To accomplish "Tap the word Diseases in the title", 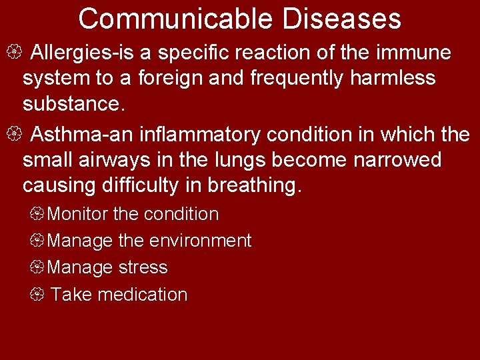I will coord(342,19).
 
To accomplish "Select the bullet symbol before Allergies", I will coord(18,52).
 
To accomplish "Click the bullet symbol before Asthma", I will coord(18,135).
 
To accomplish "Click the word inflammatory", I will coord(200,135).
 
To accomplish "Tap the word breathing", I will coord(255,187).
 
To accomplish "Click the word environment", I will coord(201,241).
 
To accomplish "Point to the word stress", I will coord(143,267).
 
